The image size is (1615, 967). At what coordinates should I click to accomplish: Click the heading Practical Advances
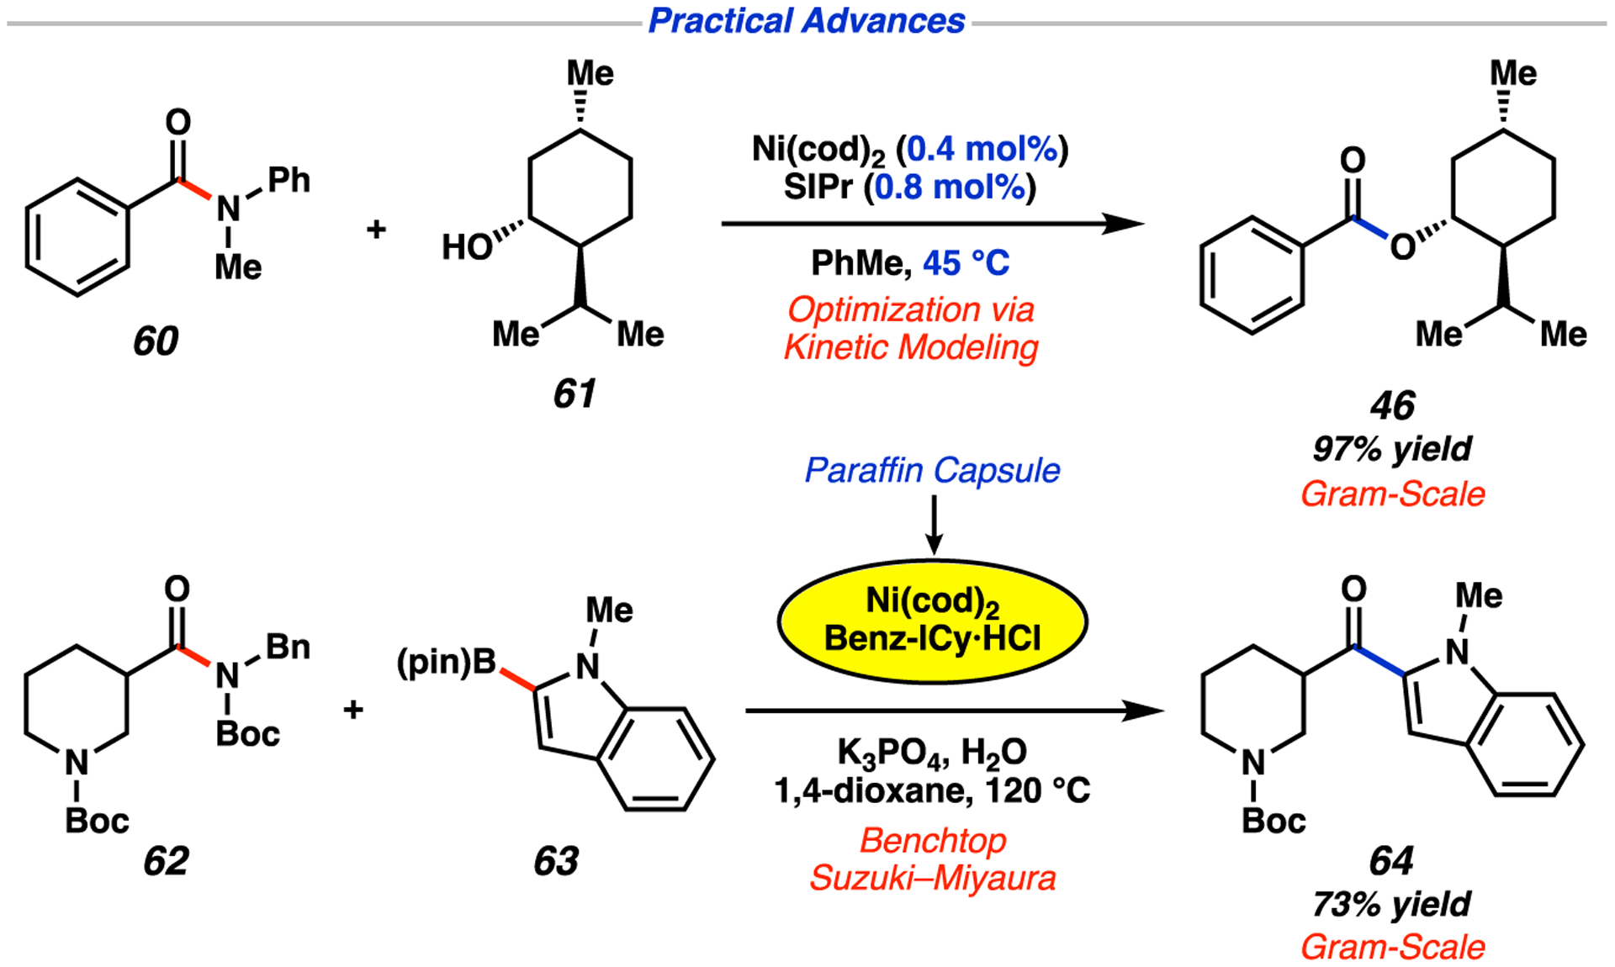(x=806, y=21)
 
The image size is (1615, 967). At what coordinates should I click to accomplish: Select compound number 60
(x=156, y=341)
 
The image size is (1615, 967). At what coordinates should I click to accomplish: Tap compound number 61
(x=575, y=394)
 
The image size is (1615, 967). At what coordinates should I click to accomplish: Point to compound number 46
(x=1392, y=406)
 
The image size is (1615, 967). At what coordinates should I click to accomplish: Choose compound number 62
(x=166, y=861)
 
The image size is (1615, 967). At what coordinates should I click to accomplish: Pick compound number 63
(x=556, y=861)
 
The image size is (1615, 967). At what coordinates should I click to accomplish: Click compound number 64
(x=1391, y=861)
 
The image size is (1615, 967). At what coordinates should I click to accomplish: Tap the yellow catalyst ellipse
(x=932, y=621)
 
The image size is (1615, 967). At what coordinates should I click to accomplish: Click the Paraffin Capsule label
(x=932, y=471)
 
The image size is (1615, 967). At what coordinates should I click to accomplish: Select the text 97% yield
(x=1392, y=450)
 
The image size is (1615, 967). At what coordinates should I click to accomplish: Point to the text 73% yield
(x=1391, y=905)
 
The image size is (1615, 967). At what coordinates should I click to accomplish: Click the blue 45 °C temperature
(x=966, y=263)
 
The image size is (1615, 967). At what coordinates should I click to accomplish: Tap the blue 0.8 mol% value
(x=950, y=187)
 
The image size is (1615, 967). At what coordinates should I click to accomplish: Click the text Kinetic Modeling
(x=911, y=347)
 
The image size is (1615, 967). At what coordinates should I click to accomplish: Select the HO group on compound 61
(x=467, y=247)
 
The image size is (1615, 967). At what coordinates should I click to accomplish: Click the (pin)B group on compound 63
(x=447, y=663)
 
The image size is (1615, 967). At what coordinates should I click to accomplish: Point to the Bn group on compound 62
(x=288, y=647)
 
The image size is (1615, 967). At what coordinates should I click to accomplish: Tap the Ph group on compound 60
(x=289, y=180)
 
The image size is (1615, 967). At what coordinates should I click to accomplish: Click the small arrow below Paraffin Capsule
(x=933, y=526)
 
